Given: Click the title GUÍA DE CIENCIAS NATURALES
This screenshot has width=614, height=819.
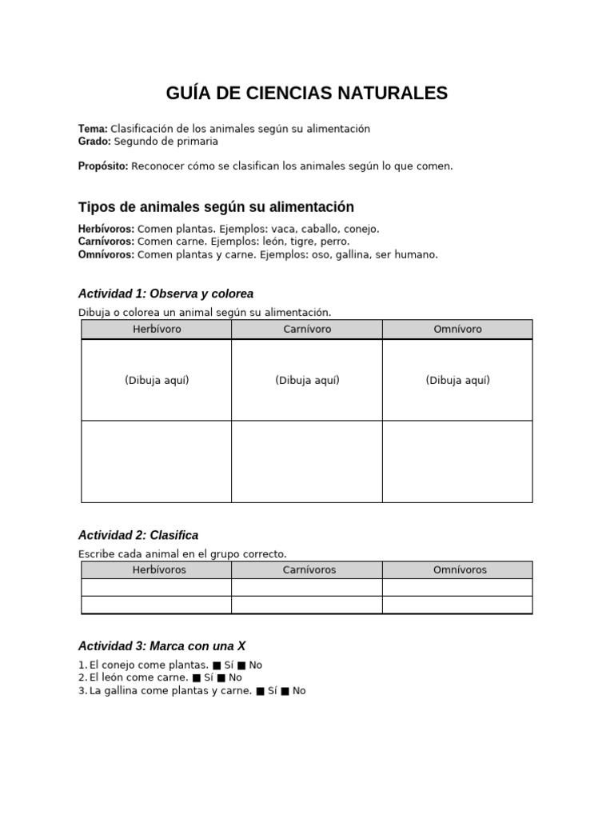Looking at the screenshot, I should tap(307, 94).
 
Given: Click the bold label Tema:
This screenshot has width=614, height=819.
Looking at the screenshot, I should tap(93, 129).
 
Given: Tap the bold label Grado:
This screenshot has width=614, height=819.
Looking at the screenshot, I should tap(95, 142).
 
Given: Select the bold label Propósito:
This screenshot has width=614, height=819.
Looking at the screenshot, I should tap(103, 166).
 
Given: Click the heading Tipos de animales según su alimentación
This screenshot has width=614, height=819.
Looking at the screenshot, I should tap(216, 207).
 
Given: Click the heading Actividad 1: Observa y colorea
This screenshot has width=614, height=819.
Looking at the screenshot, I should tap(165, 294).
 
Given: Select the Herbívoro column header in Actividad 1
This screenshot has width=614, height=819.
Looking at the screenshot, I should tap(157, 330).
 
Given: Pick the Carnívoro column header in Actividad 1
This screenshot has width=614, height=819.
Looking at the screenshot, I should tap(307, 330).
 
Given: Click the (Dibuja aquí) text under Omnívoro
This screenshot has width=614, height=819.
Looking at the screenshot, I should tap(457, 381).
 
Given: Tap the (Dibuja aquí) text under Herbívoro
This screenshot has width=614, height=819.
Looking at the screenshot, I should tap(157, 381).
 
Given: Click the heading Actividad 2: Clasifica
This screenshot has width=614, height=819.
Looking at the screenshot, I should tap(138, 535).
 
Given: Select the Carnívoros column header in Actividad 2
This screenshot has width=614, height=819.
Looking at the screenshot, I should tap(309, 570).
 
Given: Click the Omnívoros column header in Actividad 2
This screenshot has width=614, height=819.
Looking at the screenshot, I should tap(460, 570).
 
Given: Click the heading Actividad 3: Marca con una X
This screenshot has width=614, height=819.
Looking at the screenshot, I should tap(167, 645).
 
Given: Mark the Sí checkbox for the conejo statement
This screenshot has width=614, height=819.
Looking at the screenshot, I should tap(217, 665).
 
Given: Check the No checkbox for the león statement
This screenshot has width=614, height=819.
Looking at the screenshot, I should tap(221, 678).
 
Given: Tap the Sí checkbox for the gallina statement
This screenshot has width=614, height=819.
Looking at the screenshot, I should tap(261, 691).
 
